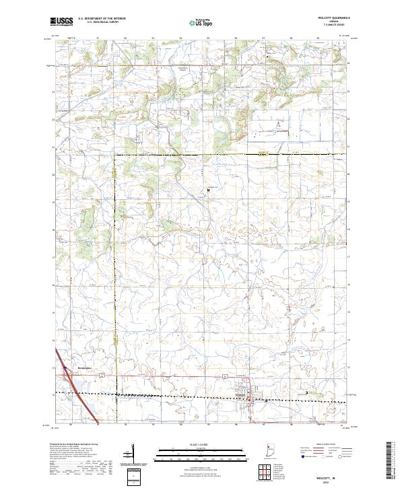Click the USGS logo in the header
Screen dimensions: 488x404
click(61, 22)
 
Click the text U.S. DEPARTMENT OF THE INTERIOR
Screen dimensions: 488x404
click(102, 19)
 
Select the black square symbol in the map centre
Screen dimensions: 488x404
click(208, 190)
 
